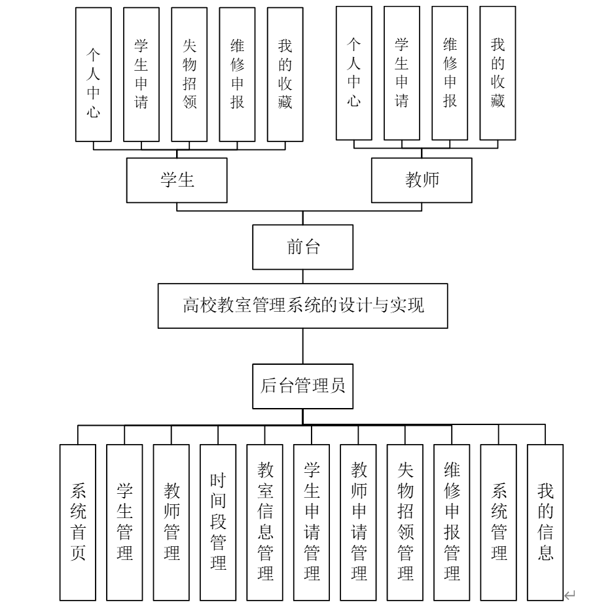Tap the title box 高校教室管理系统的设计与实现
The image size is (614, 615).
(302, 305)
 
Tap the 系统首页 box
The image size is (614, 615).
(78, 523)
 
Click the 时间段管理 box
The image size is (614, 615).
(218, 523)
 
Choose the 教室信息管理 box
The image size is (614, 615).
(264, 523)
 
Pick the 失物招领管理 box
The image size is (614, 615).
(405, 523)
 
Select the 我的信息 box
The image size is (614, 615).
(545, 523)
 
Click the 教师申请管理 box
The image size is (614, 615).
(358, 523)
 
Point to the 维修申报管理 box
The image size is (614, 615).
(452, 523)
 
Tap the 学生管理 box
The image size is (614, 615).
(124, 523)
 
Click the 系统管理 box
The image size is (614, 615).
(499, 523)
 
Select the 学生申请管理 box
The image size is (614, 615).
(312, 523)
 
